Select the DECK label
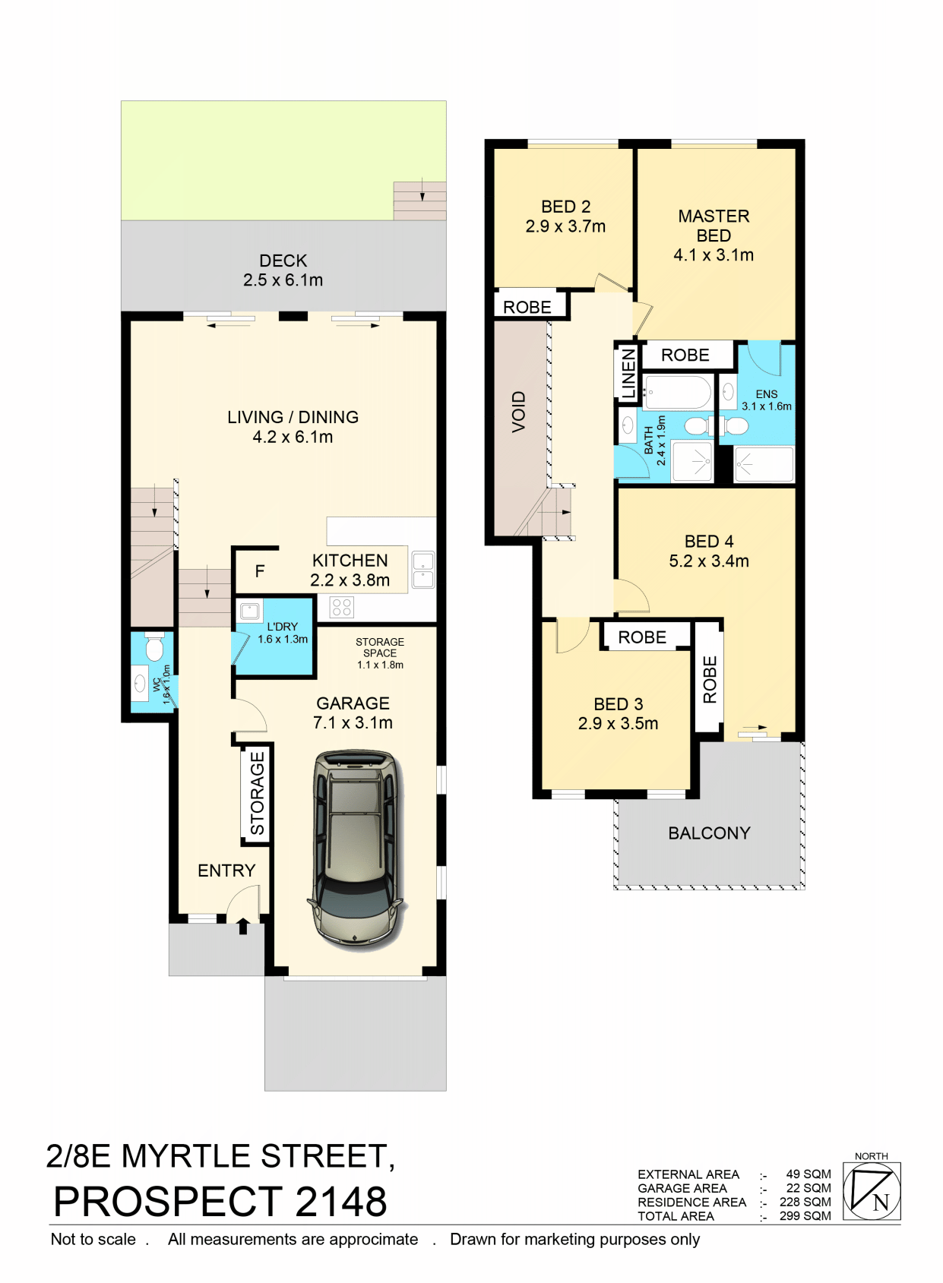[x=283, y=261]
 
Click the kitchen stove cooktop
[x=341, y=607]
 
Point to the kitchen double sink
[x=422, y=569]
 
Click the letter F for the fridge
[x=260, y=571]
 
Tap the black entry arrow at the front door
[x=243, y=926]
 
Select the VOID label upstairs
[x=518, y=412]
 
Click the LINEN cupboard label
[x=628, y=374]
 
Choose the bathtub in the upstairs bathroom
[x=677, y=393]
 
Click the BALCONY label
[x=709, y=833]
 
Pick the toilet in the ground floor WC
[x=153, y=646]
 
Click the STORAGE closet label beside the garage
[x=258, y=794]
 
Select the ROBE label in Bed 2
[x=527, y=307]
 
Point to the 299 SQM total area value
[x=805, y=1216]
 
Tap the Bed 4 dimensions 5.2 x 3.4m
[x=709, y=561]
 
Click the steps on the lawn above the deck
[x=419, y=201]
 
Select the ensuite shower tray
[x=764, y=464]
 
